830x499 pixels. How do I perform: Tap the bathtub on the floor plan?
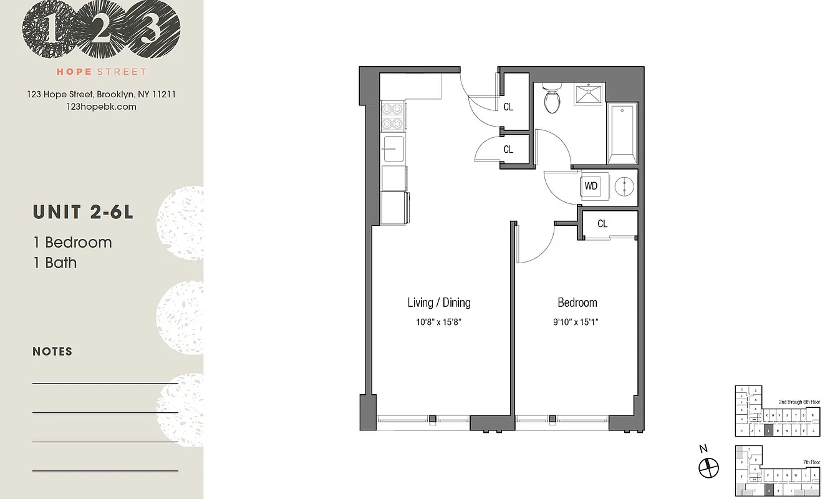pyautogui.click(x=622, y=134)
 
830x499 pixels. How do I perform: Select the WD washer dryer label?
pyautogui.click(x=591, y=186)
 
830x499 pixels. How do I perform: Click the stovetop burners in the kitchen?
pyautogui.click(x=393, y=115)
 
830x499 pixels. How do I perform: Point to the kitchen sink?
pyautogui.click(x=393, y=149)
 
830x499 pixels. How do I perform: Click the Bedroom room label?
pyautogui.click(x=577, y=303)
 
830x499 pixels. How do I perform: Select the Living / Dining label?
pyautogui.click(x=438, y=303)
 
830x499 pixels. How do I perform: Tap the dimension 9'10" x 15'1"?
pyautogui.click(x=577, y=322)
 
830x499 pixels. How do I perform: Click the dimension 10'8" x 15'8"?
pyautogui.click(x=438, y=322)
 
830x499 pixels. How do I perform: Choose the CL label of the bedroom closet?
pyautogui.click(x=602, y=224)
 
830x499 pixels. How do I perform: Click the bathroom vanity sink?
pyautogui.click(x=589, y=95)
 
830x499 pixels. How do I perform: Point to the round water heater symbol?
pyautogui.click(x=624, y=186)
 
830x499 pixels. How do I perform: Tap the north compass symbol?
pyautogui.click(x=708, y=465)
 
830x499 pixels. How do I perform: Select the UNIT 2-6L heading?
pyautogui.click(x=83, y=212)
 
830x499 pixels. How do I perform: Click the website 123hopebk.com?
pyautogui.click(x=101, y=107)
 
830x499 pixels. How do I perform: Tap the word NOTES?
pyautogui.click(x=52, y=352)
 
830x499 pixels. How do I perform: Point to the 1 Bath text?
pyautogui.click(x=55, y=263)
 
